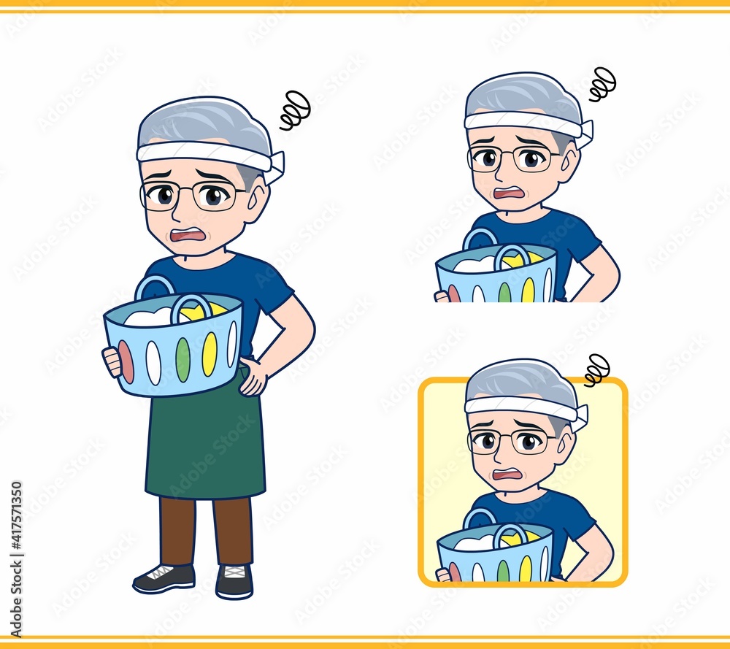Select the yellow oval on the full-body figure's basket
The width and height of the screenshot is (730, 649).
pyautogui.click(x=210, y=354)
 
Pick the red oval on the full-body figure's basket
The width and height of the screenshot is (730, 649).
pyautogui.click(x=126, y=362)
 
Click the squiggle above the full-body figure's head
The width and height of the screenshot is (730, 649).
pyautogui.click(x=295, y=110)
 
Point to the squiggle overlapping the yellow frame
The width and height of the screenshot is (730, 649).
pyautogui.click(x=596, y=370)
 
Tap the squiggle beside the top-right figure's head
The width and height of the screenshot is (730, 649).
pyautogui.click(x=602, y=84)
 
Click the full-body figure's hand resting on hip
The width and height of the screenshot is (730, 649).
pyautogui.click(x=253, y=376)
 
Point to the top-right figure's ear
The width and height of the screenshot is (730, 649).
pyautogui.click(x=569, y=163)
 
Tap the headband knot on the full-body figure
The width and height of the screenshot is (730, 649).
pyautogui.click(x=277, y=166)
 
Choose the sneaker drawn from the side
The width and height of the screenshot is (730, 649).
pyautogui.click(x=164, y=578)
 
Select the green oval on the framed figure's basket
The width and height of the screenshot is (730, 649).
pyautogui.click(x=503, y=571)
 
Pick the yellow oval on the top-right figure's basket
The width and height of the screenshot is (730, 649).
pyautogui.click(x=528, y=290)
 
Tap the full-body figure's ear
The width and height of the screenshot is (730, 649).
pyautogui.click(x=255, y=204)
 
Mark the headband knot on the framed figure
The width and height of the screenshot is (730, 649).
pyautogui.click(x=580, y=417)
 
